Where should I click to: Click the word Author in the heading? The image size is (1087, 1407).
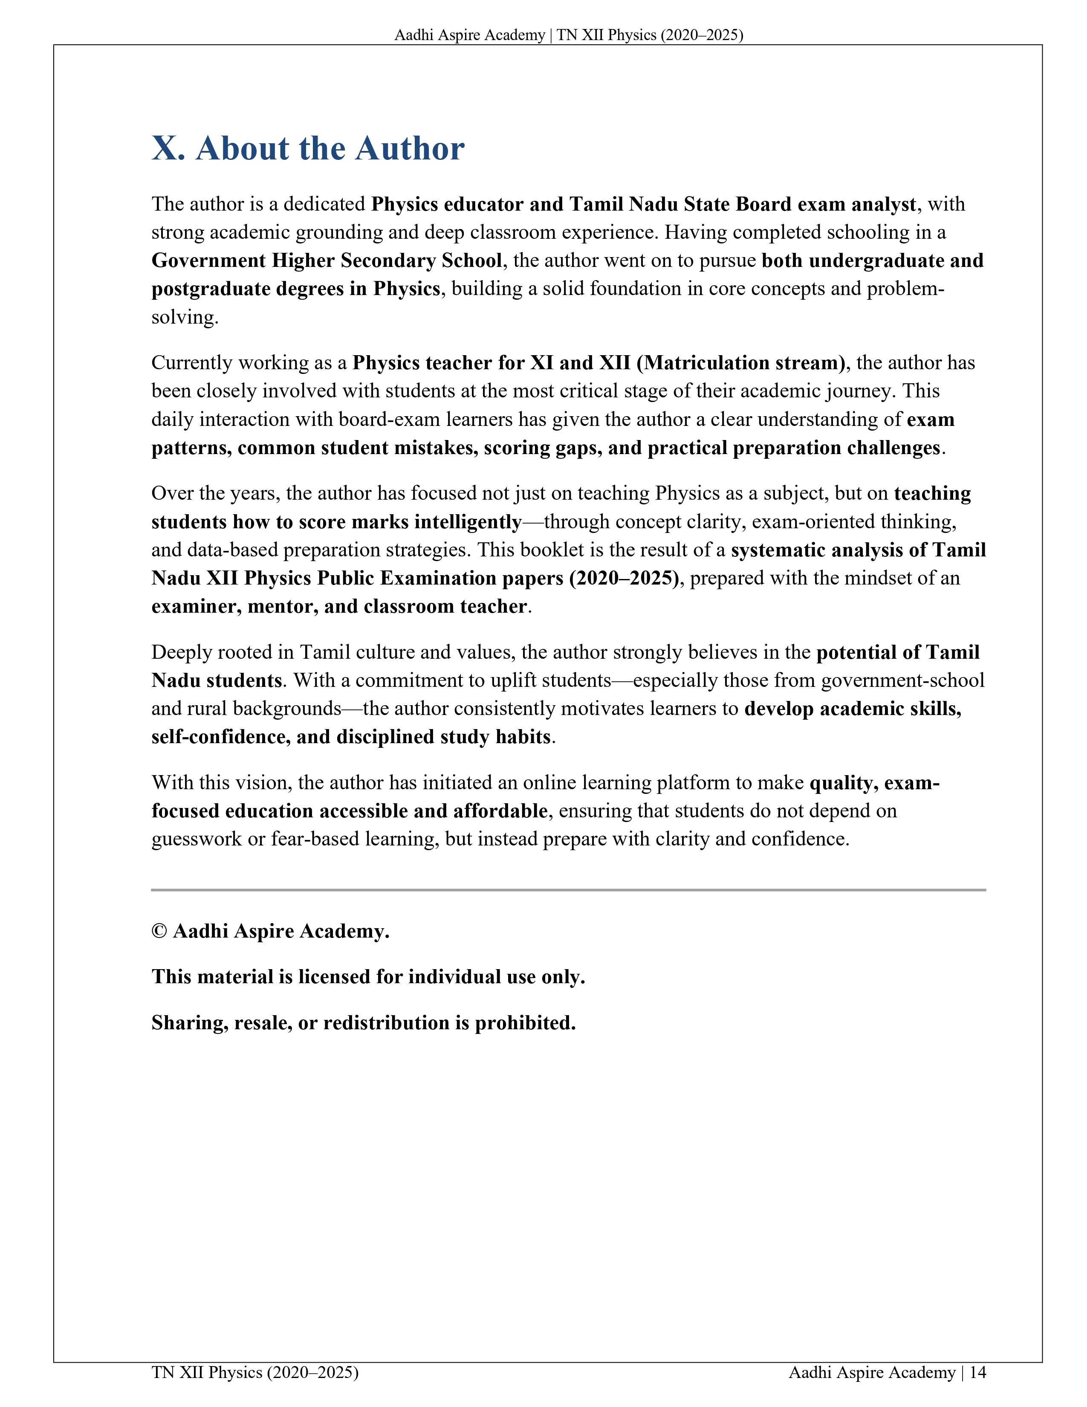pyautogui.click(x=410, y=148)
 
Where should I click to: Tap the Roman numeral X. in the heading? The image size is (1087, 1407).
pyautogui.click(x=168, y=148)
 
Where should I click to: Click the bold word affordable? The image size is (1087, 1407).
pyautogui.click(x=500, y=811)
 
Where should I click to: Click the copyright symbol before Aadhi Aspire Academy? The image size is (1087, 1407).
pyautogui.click(x=159, y=932)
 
